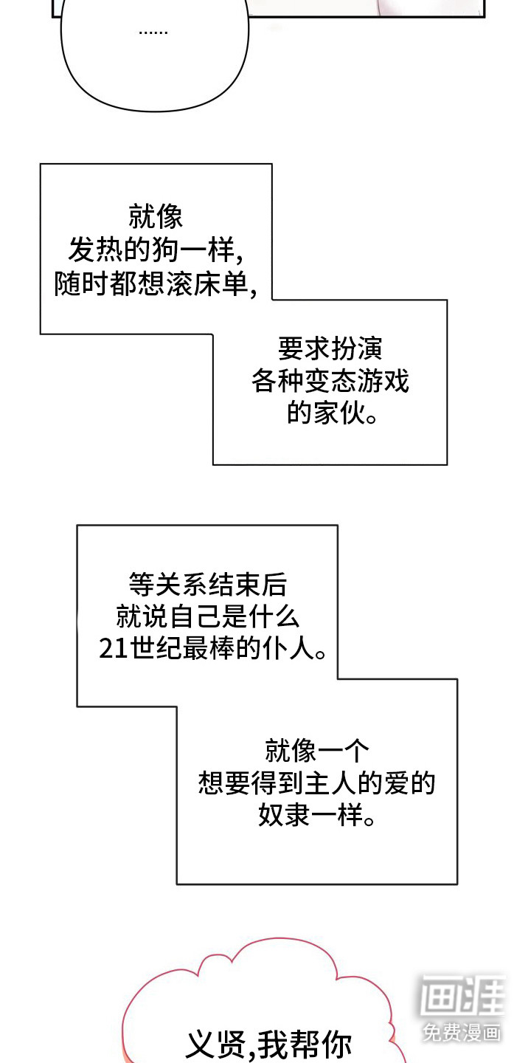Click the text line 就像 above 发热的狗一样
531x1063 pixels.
click(156, 218)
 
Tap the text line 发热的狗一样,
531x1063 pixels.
click(156, 251)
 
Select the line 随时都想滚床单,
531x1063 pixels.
click(156, 284)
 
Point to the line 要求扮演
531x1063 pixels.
click(330, 348)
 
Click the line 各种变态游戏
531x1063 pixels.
click(330, 381)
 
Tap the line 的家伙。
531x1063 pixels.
click(330, 414)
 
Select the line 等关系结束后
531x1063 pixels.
click(207, 585)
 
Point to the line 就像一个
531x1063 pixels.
click(316, 751)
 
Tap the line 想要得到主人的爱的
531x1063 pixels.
click(316, 783)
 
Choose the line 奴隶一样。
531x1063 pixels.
click(316, 816)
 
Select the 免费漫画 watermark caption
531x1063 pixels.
click(462, 1032)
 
